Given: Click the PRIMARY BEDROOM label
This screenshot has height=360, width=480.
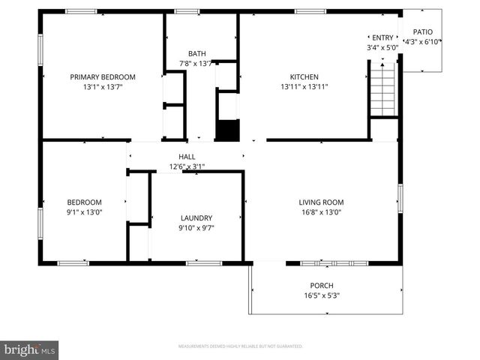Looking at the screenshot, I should pyautogui.click(x=103, y=76).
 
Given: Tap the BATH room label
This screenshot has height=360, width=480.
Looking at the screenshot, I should pyautogui.click(x=196, y=53).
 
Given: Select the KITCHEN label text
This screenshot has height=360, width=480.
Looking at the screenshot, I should pyautogui.click(x=304, y=76).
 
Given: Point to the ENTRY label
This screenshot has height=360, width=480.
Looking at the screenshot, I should pyautogui.click(x=382, y=37).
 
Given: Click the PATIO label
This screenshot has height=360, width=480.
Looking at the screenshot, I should pyautogui.click(x=423, y=31).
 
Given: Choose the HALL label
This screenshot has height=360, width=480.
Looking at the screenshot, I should pyautogui.click(x=187, y=156).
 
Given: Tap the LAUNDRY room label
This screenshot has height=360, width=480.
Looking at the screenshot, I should pyautogui.click(x=196, y=217).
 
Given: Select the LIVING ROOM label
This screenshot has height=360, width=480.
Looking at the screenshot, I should pyautogui.click(x=321, y=202).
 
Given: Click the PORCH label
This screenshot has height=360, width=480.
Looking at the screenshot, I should pyautogui.click(x=322, y=285).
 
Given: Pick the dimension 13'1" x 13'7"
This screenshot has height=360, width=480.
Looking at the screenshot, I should pyautogui.click(x=103, y=87).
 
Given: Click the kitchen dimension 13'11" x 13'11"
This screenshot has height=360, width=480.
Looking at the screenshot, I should pyautogui.click(x=304, y=87).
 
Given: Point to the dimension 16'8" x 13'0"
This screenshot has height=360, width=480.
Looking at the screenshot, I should pyautogui.click(x=321, y=212).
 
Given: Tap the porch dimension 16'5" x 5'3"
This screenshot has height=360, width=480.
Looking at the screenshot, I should pyautogui.click(x=322, y=295).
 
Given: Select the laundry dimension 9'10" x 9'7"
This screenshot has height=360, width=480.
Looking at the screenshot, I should pyautogui.click(x=196, y=228).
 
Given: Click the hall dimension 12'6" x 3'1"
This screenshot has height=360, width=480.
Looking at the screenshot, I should pyautogui.click(x=187, y=166).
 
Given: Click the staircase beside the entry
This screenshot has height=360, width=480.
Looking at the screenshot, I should pyautogui.click(x=382, y=90).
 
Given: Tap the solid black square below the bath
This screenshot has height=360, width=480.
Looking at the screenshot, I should pyautogui.click(x=226, y=129).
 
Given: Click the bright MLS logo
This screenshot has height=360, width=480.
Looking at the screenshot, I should pyautogui.click(x=29, y=349).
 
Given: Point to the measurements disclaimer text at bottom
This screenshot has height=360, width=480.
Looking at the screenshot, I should pyautogui.click(x=240, y=346).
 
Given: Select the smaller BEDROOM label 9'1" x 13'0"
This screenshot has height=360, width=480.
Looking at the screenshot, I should pyautogui.click(x=84, y=202).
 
